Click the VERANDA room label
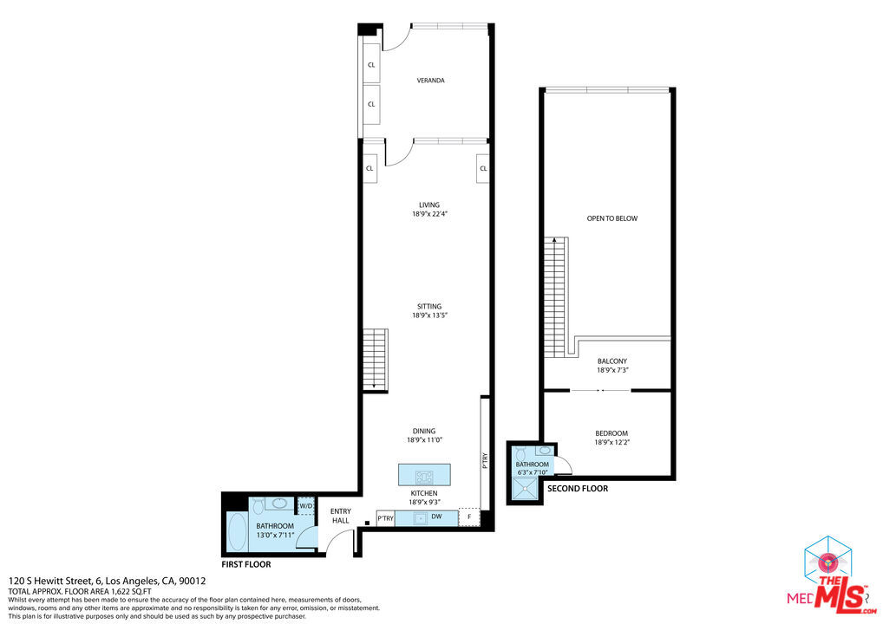point(430,81)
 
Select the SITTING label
point(429,306)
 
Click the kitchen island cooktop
point(424,476)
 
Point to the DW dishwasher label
point(438,518)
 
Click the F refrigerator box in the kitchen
point(469,518)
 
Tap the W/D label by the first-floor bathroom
point(305,506)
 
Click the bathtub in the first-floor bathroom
point(235,533)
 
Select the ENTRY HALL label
point(340,516)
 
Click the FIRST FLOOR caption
point(246,564)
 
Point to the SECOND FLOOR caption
point(577,489)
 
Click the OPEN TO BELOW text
point(612,218)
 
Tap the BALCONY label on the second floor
point(612,361)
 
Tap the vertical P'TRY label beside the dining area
point(485,460)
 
